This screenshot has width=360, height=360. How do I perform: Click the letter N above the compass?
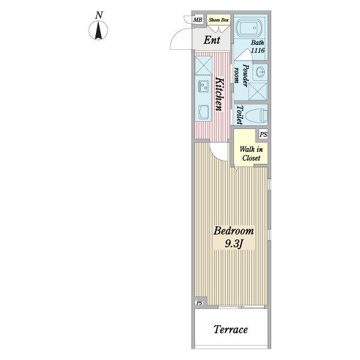(x=99, y=15)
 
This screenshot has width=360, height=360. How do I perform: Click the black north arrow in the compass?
(x=98, y=30)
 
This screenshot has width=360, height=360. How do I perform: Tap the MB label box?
(x=197, y=20)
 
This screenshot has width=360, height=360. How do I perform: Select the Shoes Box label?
(x=218, y=20)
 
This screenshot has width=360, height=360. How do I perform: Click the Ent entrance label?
(x=212, y=40)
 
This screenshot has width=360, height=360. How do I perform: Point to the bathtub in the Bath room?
(x=249, y=28)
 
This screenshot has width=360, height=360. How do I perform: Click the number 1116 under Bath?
(x=257, y=50)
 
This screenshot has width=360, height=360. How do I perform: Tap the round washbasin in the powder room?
(x=260, y=72)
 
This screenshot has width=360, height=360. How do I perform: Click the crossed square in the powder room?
(x=257, y=91)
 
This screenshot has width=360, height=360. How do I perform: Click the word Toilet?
(x=239, y=115)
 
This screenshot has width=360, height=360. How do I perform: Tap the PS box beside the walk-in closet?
(x=263, y=134)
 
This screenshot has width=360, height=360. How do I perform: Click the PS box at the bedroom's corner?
(x=199, y=303)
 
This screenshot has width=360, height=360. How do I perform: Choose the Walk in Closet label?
(x=251, y=154)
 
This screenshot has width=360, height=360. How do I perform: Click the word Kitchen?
(x=219, y=94)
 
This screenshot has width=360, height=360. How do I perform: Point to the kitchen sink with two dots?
(x=203, y=86)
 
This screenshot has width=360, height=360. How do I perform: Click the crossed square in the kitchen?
(x=203, y=65)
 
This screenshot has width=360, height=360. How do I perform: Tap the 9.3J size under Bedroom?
(x=233, y=244)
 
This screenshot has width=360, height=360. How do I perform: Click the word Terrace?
(x=231, y=329)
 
